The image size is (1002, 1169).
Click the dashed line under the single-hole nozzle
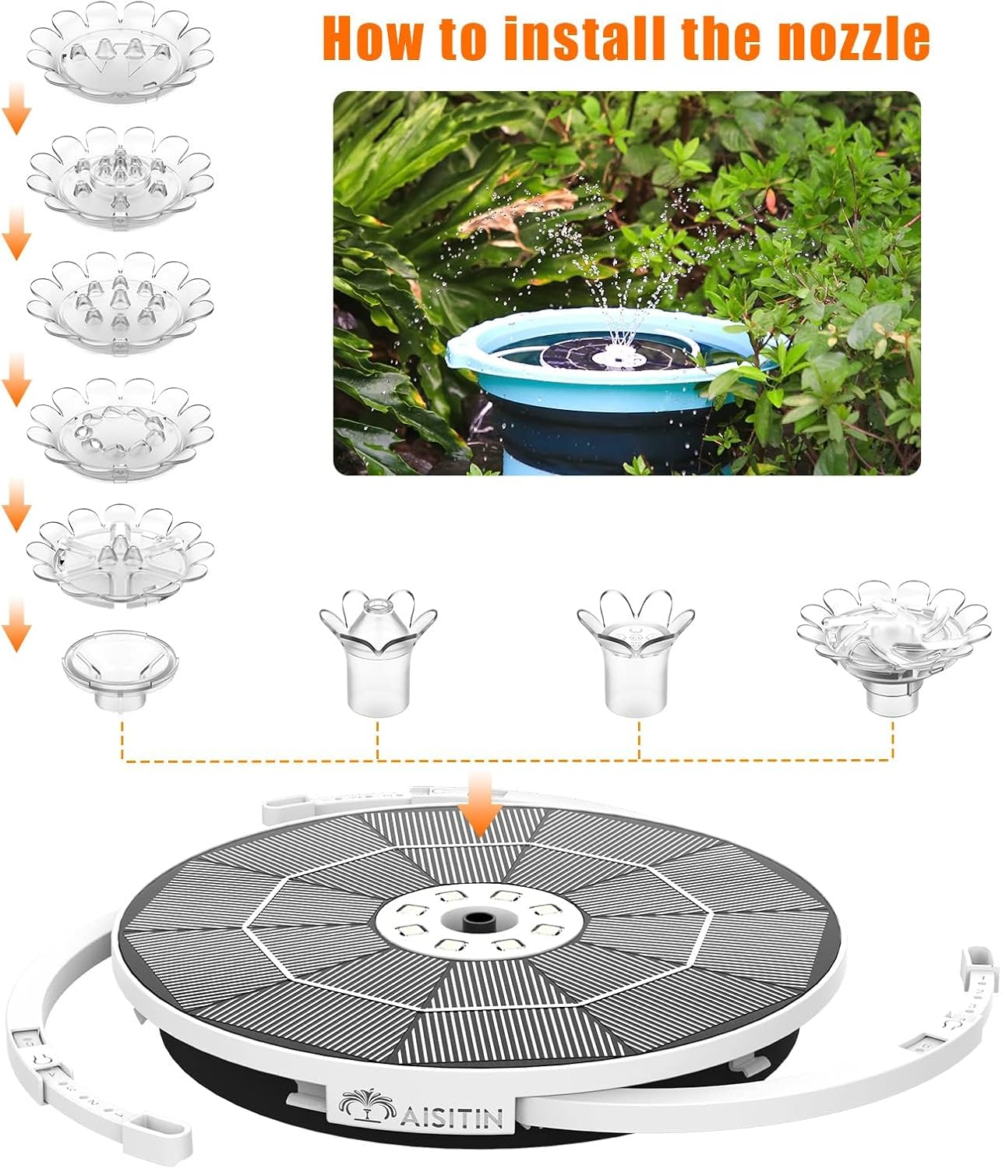click(378, 740)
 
